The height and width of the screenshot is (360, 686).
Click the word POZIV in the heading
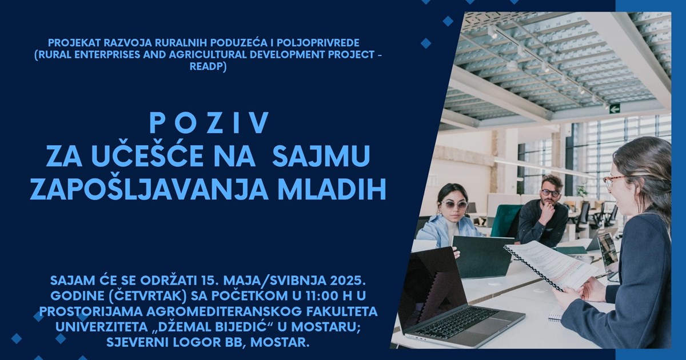(209, 123)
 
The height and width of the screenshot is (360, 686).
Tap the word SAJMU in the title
(321, 156)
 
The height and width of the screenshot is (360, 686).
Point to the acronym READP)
(208, 66)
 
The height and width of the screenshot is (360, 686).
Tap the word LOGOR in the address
(196, 342)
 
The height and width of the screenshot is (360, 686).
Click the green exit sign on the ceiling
(615, 109)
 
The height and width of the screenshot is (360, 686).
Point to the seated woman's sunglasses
(454, 205)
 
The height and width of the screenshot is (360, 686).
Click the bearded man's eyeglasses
(550, 193)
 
